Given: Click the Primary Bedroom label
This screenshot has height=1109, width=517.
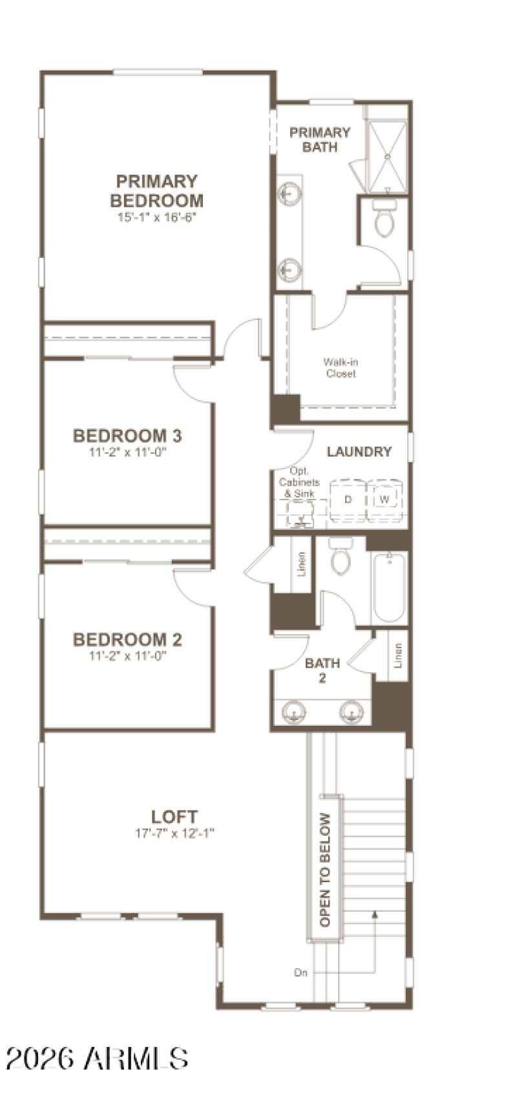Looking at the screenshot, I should pos(156,191).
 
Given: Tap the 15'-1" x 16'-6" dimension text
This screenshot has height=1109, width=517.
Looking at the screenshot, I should pos(156,217).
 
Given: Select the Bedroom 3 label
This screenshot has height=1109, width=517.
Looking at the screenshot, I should pos(127,436).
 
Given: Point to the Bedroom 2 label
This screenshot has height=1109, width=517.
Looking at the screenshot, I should pos(127,640).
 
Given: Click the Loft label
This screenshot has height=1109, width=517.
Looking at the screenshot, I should pos(174,816).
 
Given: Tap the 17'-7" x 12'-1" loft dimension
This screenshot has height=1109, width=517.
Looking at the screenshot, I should pos(174,833).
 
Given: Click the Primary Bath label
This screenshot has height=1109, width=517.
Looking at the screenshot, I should pos(320,140).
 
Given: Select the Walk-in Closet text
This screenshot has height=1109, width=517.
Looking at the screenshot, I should pos(341,368).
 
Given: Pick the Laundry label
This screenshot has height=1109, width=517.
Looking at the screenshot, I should pos(359,452).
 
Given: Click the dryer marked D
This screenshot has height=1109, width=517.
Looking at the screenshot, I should pos(348,500).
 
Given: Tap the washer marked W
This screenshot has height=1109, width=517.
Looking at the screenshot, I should pos(385,500).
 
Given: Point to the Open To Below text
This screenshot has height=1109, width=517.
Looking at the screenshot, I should pos(325,869).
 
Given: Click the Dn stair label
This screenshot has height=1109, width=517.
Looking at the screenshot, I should pos(301,972).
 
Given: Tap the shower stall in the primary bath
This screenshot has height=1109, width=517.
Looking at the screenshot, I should pos(387,156).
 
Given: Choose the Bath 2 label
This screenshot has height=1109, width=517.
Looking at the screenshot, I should pos(322,670).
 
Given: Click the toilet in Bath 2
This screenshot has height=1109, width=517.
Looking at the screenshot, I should pos(341,556).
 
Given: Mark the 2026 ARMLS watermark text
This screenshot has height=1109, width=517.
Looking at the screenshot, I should pos(97,1059).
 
